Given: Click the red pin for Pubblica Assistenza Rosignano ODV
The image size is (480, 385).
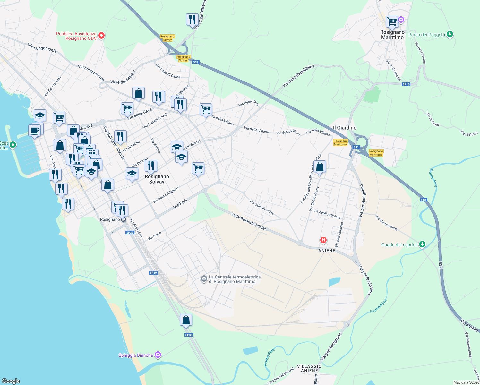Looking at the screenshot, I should [x=101, y=36].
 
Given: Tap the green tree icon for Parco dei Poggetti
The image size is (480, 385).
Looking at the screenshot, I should [x=450, y=34].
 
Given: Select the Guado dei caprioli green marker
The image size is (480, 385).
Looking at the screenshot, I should [x=422, y=244].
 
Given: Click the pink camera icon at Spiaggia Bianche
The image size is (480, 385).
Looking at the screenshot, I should [x=158, y=355].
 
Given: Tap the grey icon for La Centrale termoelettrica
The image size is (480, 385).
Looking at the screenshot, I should [x=204, y=279].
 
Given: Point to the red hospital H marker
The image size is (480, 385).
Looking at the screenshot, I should [x=323, y=240].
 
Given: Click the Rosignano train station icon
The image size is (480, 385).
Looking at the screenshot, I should [x=124, y=219].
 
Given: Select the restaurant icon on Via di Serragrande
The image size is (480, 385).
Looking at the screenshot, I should [x=192, y=20].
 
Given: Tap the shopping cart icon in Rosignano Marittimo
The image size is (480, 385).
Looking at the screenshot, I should [x=392, y=22].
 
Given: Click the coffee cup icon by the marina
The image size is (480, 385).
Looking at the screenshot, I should [x=34, y=131].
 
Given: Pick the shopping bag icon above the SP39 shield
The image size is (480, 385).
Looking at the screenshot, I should [x=186, y=320].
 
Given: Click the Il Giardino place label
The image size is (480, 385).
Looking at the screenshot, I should [x=345, y=128].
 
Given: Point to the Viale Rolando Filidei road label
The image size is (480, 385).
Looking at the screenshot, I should [x=249, y=221].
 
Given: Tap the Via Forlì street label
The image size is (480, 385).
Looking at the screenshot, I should [x=180, y=204].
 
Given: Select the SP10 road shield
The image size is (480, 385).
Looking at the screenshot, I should [x=406, y=84].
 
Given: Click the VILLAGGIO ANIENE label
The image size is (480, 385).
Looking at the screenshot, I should [x=309, y=368].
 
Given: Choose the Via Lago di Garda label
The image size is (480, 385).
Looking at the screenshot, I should [x=168, y=71].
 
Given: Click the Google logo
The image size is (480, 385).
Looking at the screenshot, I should [x=11, y=381].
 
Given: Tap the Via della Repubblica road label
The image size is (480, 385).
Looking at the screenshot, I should [x=298, y=76].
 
